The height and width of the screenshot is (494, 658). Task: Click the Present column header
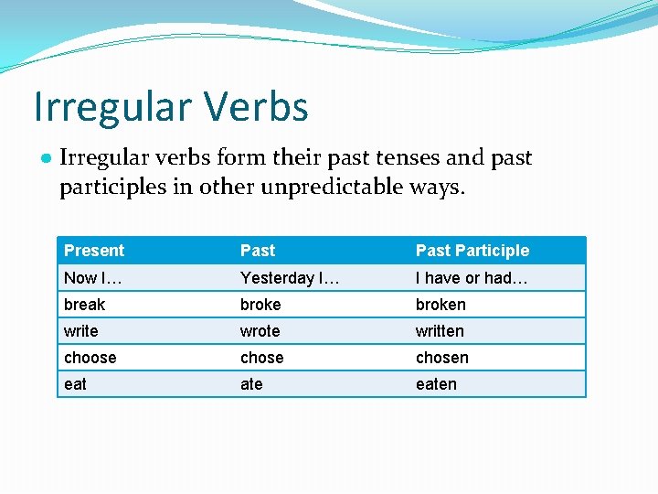click(x=94, y=251)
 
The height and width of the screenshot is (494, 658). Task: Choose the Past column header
click(x=258, y=251)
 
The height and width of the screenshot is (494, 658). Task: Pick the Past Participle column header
click(x=472, y=251)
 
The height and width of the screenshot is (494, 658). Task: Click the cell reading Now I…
click(x=93, y=278)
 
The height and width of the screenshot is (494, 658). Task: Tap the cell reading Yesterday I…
click(x=290, y=278)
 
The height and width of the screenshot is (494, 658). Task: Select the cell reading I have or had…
click(x=472, y=278)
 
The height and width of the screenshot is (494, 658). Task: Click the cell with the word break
click(x=85, y=305)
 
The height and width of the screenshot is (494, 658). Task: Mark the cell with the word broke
click(x=260, y=305)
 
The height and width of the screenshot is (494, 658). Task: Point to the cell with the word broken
click(x=440, y=305)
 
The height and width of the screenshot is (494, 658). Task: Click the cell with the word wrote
click(x=260, y=331)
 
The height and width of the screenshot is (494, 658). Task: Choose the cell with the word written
click(x=440, y=331)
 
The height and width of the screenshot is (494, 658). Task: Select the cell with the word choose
click(x=90, y=358)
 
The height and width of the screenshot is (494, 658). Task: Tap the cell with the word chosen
click(x=442, y=358)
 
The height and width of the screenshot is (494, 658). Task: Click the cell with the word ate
click(x=251, y=384)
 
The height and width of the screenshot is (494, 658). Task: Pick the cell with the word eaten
click(x=436, y=384)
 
